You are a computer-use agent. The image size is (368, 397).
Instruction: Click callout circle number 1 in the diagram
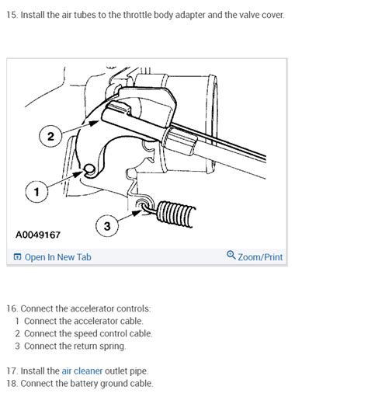point(33,188)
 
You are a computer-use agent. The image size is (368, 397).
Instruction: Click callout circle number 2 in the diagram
point(50,137)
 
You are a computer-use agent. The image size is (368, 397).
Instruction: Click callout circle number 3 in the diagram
point(107,226)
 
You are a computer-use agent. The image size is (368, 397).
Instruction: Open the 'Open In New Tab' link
point(57,257)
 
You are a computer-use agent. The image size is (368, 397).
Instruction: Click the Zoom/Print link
point(260,257)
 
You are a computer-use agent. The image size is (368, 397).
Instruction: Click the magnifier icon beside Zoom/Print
point(231,256)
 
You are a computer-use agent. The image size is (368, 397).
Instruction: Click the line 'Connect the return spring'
point(75,346)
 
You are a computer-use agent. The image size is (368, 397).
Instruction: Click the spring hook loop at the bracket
point(144,207)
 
